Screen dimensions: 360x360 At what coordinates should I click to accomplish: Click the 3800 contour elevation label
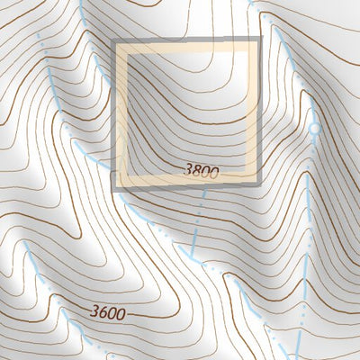201,170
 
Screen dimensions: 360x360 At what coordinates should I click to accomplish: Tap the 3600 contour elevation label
108,312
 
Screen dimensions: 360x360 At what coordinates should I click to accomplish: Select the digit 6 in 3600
103,312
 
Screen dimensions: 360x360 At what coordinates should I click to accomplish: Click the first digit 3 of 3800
187,170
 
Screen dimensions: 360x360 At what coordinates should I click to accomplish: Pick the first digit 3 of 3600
94,312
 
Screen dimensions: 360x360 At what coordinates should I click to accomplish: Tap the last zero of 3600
121,312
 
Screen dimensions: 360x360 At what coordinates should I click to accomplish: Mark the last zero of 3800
214,170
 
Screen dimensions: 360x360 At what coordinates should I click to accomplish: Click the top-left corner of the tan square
114,42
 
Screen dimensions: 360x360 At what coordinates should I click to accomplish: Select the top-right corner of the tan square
258,42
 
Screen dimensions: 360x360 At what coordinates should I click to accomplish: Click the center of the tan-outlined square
186,114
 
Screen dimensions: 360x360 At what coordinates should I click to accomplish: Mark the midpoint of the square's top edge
186,42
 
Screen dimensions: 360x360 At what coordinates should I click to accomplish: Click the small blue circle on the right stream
314,130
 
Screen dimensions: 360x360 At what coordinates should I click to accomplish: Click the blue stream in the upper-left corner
43,45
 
